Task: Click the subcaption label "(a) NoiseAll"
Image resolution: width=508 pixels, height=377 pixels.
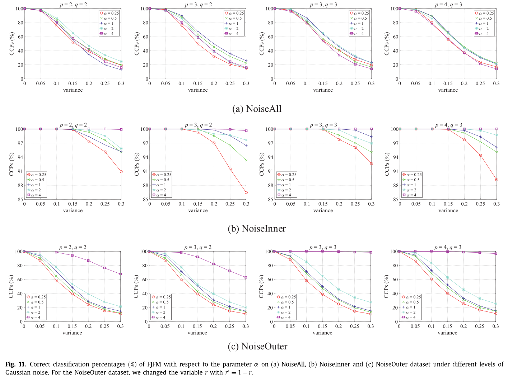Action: [x=257, y=109]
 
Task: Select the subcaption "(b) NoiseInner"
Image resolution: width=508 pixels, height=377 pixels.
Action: [x=257, y=229]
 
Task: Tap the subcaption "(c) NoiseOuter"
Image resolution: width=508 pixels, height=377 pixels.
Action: [x=257, y=347]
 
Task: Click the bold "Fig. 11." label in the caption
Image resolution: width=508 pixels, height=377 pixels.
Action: [x=15, y=364]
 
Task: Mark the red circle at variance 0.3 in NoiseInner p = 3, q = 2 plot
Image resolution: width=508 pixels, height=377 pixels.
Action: [x=246, y=192]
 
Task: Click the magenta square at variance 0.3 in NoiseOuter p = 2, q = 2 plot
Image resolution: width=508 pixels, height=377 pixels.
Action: [x=121, y=274]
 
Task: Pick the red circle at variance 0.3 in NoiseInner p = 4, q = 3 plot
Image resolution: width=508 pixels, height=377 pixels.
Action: [x=497, y=180]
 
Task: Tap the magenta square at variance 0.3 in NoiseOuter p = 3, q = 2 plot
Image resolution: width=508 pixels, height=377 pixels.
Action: [x=246, y=277]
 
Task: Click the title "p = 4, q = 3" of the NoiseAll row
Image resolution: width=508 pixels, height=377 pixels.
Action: [x=448, y=5]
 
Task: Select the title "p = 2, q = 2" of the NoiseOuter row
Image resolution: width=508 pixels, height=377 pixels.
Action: [x=73, y=248]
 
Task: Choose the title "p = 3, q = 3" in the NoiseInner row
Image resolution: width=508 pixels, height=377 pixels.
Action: [x=323, y=125]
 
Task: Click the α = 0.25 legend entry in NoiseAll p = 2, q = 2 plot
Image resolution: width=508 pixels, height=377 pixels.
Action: [x=109, y=13]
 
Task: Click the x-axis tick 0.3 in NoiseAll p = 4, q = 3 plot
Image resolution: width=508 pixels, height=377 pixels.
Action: [x=496, y=83]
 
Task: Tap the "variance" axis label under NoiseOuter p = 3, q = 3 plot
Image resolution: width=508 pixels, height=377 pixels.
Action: [x=322, y=333]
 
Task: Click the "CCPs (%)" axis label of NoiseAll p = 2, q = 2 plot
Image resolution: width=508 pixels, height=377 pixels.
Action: [x=12, y=44]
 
